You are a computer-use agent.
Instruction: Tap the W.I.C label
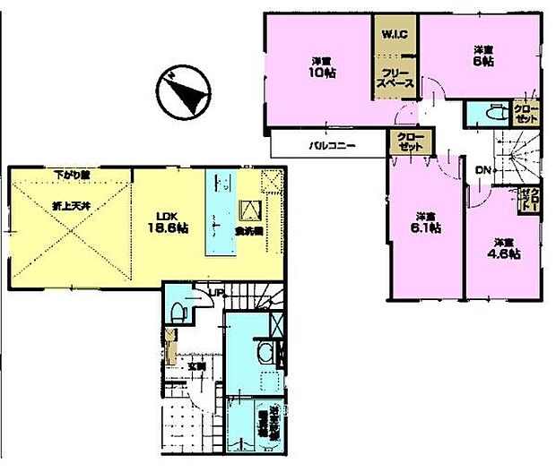tap(395, 35)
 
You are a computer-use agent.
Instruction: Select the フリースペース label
tap(395, 78)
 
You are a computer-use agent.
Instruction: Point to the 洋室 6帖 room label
tap(482, 56)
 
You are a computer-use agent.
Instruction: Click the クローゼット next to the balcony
tap(405, 142)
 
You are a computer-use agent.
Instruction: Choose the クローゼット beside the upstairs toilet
tap(526, 113)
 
